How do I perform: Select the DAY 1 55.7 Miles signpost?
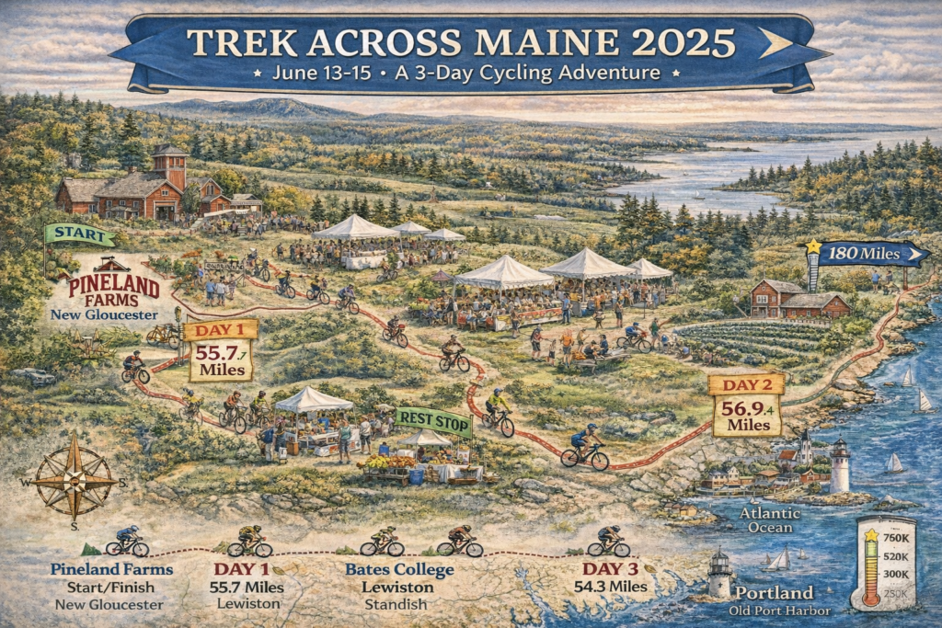pyautogui.click(x=221, y=350)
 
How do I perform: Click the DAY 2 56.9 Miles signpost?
pyautogui.click(x=747, y=405)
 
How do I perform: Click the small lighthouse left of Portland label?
pyautogui.click(x=718, y=575)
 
